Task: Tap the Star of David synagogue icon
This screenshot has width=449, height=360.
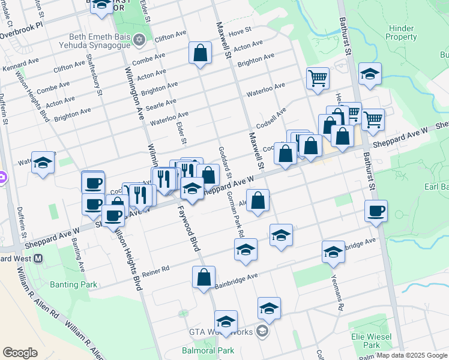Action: [140, 40]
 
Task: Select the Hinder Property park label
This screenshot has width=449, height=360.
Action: [401, 32]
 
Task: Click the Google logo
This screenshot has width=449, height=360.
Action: [20, 353]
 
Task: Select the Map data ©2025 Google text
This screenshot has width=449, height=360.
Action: [412, 355]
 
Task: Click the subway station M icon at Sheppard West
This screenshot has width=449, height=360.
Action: [38, 259]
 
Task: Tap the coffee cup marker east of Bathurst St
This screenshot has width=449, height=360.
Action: [376, 211]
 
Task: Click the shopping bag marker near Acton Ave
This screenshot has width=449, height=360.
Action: [200, 52]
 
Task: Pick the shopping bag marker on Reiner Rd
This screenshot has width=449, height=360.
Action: [204, 277]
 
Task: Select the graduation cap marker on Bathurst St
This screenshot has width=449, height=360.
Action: [370, 73]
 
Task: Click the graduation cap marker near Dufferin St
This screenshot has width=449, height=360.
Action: [43, 162]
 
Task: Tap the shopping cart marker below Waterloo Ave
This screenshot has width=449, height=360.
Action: [317, 77]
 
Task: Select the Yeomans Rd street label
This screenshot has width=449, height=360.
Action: [337, 289]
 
